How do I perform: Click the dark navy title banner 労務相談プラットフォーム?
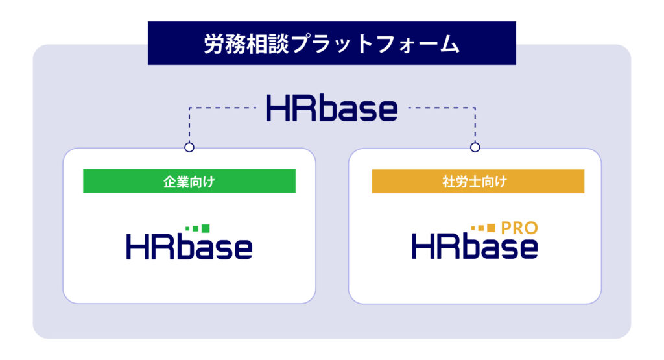[331, 43]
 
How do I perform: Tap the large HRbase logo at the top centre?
[331, 108]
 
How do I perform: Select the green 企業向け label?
[189, 181]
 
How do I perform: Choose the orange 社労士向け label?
[478, 181]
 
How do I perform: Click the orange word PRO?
[519, 228]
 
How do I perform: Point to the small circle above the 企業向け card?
[189, 147]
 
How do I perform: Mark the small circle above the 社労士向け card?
[475, 147]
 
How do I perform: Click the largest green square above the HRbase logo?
[206, 229]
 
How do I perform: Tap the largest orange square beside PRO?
[491, 228]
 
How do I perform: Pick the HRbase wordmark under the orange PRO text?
[475, 246]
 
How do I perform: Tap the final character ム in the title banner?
[449, 43]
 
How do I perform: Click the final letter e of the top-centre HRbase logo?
[386, 112]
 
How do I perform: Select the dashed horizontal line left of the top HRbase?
[223, 108]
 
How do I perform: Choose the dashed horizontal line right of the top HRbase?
[442, 108]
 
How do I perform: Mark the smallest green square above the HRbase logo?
[187, 229]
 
